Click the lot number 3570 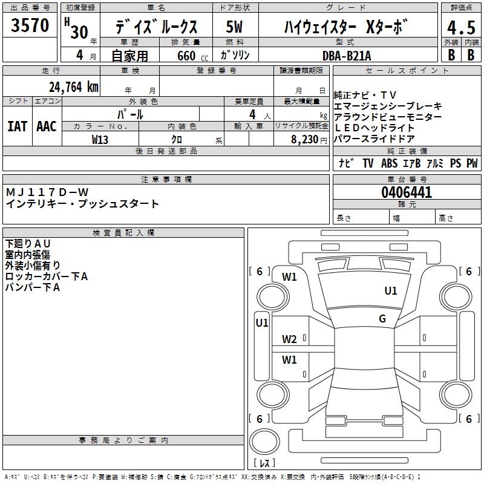click(x=30, y=26)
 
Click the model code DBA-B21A click(x=347, y=55)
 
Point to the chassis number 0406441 click(x=407, y=193)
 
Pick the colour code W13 click(x=100, y=139)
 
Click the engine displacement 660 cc click(x=185, y=56)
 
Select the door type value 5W click(x=235, y=27)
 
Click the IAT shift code click(x=17, y=126)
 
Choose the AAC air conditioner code click(x=47, y=126)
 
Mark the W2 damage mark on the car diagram click(x=289, y=339)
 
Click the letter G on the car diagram click(x=382, y=319)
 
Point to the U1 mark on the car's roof click(x=391, y=291)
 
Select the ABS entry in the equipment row click(x=390, y=163)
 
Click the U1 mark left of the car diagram click(x=261, y=323)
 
